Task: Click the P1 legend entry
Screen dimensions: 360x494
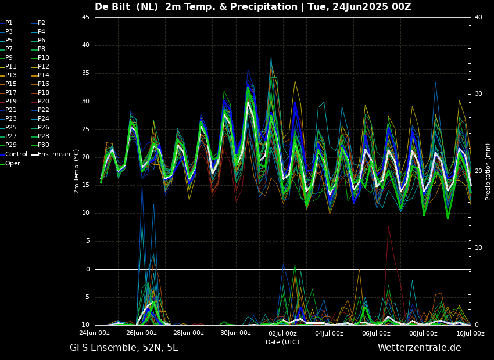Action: point(9,23)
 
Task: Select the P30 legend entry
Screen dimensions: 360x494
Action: point(44,145)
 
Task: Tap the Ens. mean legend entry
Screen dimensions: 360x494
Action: point(54,154)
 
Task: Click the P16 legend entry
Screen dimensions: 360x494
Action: point(44,84)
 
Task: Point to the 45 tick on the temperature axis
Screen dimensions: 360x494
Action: point(85,17)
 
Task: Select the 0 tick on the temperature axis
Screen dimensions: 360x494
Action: point(87,269)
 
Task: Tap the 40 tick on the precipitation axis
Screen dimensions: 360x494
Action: point(478,17)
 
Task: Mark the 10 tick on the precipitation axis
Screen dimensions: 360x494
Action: point(478,248)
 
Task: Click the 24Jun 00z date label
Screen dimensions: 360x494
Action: point(94,333)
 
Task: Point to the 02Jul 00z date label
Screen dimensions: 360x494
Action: point(282,333)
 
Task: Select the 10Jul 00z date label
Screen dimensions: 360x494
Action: point(470,333)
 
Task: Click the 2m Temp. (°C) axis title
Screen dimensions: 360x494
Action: point(77,171)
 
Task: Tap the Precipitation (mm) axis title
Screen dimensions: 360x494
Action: point(488,171)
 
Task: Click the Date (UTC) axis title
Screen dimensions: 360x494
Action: point(282,342)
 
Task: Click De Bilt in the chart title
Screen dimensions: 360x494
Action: point(115,7)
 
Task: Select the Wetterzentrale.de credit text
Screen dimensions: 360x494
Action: point(419,348)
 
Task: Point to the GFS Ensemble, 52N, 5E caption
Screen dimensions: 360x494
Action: point(124,348)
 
